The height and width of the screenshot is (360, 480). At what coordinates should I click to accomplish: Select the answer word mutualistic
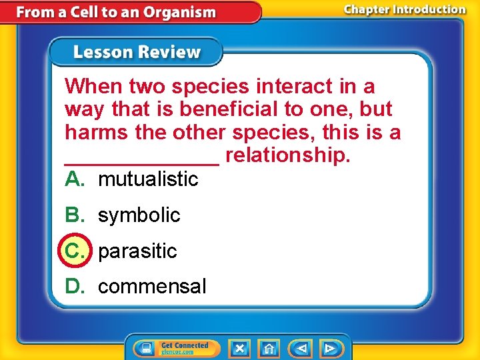[148, 179]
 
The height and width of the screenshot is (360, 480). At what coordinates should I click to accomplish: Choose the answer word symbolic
[139, 215]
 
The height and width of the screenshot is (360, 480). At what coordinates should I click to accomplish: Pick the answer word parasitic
[137, 251]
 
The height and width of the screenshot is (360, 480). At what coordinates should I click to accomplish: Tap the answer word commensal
[152, 287]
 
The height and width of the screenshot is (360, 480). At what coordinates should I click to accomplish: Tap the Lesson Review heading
[136, 52]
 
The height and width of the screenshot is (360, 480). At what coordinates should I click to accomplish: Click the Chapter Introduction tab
[404, 10]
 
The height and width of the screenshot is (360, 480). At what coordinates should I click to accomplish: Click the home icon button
[269, 348]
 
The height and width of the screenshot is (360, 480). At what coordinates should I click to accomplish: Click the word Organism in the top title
[181, 12]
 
